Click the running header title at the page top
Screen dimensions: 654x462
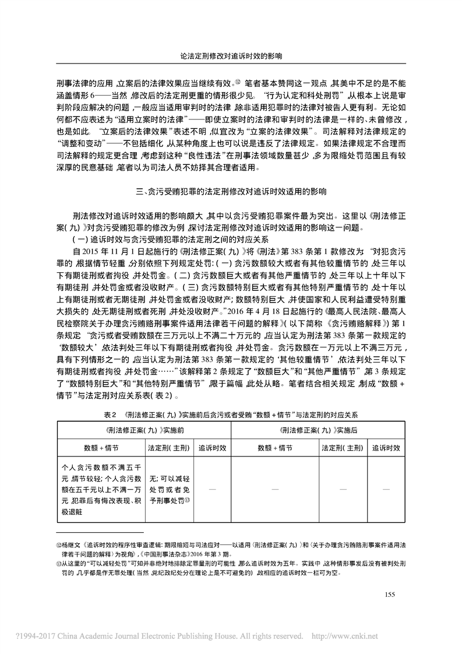click(x=231, y=57)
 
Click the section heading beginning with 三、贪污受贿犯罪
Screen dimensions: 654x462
click(x=231, y=191)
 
